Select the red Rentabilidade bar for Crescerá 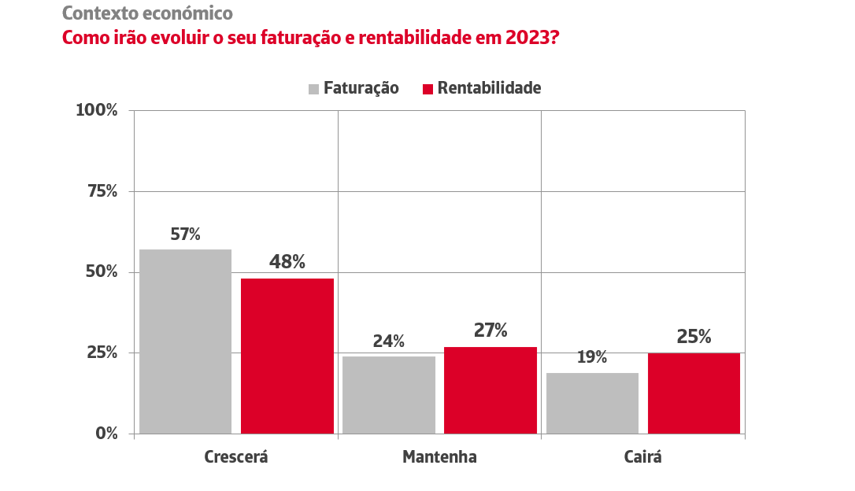pyautogui.click(x=287, y=356)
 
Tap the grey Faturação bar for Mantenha pyautogui.click(x=389, y=394)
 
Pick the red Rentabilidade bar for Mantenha pyautogui.click(x=490, y=389)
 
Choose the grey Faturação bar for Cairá pyautogui.click(x=592, y=403)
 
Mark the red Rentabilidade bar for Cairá pyautogui.click(x=694, y=393)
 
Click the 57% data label pyautogui.click(x=186, y=234)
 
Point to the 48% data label pyautogui.click(x=287, y=262)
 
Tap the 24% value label pyautogui.click(x=389, y=341)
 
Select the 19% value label pyautogui.click(x=592, y=357)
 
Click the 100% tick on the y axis pyautogui.click(x=96, y=110)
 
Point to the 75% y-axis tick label pyautogui.click(x=101, y=191)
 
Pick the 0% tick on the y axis pyautogui.click(x=106, y=433)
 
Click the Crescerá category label pyautogui.click(x=236, y=457)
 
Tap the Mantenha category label pyautogui.click(x=439, y=457)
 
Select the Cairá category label pyautogui.click(x=642, y=457)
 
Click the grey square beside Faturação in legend pyautogui.click(x=313, y=89)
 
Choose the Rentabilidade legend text pyautogui.click(x=489, y=88)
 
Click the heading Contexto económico pyautogui.click(x=147, y=13)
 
